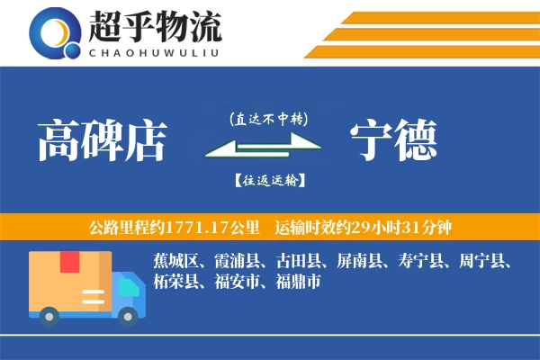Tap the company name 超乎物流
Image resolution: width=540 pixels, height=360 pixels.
point(154,27)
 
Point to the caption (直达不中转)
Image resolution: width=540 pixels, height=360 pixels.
point(269,118)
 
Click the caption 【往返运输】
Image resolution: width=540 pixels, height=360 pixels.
point(269,180)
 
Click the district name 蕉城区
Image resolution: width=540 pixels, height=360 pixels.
point(175,262)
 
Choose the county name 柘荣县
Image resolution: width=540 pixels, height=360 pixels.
point(175,282)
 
